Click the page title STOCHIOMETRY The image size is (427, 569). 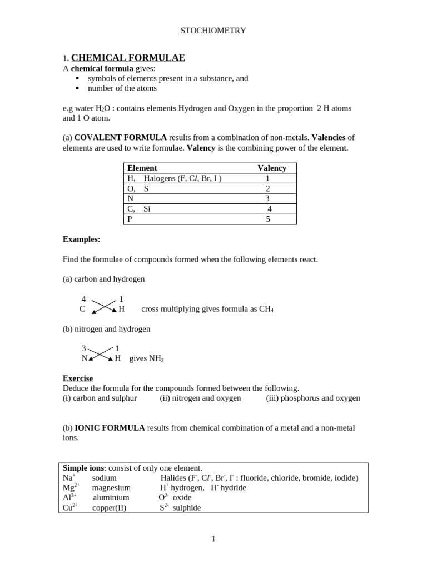click(x=213, y=31)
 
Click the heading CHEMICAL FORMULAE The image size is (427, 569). click(x=128, y=58)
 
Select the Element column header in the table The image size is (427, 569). click(x=142, y=168)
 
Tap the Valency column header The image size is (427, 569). click(x=272, y=168)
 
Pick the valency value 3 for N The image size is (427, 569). click(x=267, y=198)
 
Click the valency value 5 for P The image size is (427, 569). click(x=267, y=219)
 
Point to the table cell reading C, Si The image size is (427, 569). click(x=139, y=209)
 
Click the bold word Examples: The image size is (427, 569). click(x=81, y=239)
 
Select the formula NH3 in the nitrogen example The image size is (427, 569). click(x=156, y=359)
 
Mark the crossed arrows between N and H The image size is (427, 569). click(x=101, y=355)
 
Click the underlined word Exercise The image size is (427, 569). click(x=78, y=378)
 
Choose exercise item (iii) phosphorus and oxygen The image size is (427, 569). click(x=313, y=398)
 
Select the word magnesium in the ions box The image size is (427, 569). click(x=111, y=487)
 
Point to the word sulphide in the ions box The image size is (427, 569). click(x=187, y=507)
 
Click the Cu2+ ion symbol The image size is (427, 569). click(x=70, y=507)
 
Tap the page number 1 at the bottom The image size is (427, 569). click(x=213, y=538)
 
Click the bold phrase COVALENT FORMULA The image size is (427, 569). click(x=120, y=137)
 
